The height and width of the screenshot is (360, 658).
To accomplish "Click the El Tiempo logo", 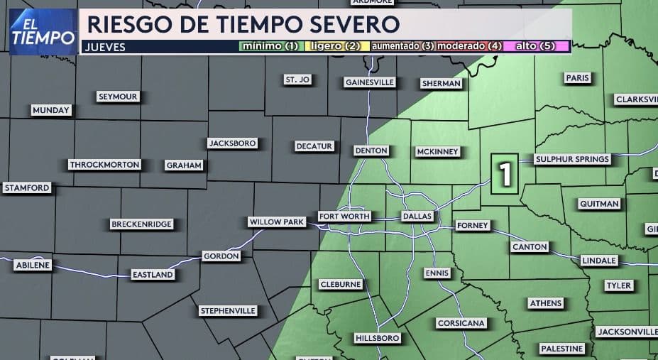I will pos(44,32).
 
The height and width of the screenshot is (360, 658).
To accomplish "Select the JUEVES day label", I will pos(104,47).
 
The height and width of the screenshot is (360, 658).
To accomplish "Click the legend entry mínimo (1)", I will pos(270,46).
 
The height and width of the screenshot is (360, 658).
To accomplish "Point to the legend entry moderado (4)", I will pos(469,46).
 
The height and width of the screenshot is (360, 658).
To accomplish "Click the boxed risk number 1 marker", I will pos(505,174).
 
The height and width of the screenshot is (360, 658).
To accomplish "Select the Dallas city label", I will pos(417,216).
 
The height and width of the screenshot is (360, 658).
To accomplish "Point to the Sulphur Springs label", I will pos(572,159).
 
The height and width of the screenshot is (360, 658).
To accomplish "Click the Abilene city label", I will pos(33,265).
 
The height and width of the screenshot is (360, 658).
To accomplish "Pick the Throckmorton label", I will pos(105,165).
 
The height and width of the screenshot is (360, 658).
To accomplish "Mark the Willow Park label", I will pos(276,222).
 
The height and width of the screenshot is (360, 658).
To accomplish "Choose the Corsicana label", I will pos(461,323).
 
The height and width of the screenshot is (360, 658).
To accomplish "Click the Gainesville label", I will pos(369,82).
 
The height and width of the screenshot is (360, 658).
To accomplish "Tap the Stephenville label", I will pos(228,311).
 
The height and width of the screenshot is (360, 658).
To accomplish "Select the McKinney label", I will pos(438,151).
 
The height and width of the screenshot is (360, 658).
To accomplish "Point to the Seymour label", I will pos(118,97).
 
